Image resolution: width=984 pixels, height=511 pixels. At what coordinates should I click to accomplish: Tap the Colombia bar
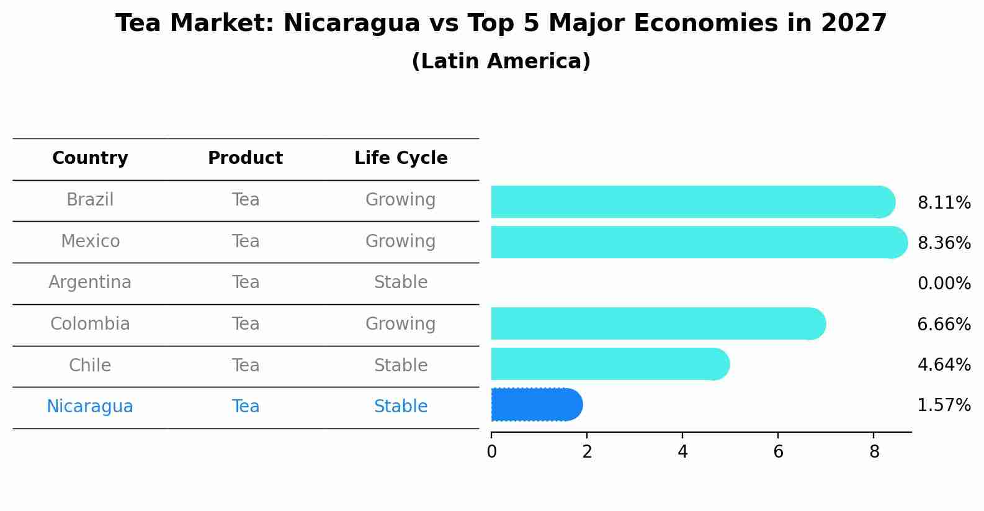658,323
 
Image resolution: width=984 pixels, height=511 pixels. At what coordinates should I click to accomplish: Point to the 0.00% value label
944,284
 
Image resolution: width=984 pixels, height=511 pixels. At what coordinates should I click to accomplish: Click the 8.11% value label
944,202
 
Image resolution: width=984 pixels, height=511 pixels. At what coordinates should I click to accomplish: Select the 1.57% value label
944,405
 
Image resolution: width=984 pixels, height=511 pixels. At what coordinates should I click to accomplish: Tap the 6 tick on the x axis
778,452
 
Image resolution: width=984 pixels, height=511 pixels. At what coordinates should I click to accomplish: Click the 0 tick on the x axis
491,452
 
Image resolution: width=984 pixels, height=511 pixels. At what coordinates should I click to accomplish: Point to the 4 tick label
682,452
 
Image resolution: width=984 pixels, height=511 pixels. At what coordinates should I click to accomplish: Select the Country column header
90,158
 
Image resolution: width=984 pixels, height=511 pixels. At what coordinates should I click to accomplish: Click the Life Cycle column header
401,158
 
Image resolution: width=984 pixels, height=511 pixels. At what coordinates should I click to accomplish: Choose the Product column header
245,158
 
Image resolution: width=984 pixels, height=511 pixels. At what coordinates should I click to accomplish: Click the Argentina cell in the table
90,283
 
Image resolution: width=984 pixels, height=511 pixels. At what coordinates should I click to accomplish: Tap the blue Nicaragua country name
90,407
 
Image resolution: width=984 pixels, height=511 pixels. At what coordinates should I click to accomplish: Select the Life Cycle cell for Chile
401,365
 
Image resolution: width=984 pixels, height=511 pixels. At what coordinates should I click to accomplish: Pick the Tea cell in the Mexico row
246,241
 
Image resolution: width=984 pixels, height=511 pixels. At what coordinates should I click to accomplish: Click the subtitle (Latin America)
501,61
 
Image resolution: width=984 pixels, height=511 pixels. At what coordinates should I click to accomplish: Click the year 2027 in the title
854,24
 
